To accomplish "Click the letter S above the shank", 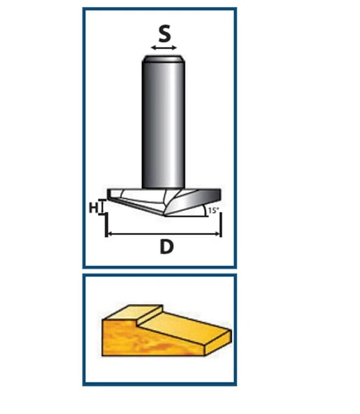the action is [164, 34].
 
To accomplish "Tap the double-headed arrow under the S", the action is [164, 48].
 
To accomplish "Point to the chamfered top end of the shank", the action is [163, 58].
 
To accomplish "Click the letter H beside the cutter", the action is [94, 208].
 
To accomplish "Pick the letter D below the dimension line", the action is [166, 247].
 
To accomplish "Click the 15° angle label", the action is [213, 210].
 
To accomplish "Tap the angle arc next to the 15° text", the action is [205, 210].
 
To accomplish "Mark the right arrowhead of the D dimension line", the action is [217, 234].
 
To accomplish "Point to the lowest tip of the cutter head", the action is [165, 215].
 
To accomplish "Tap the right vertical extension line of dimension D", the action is [221, 224].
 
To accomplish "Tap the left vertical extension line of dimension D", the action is [106, 225].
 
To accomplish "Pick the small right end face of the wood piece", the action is [218, 343].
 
